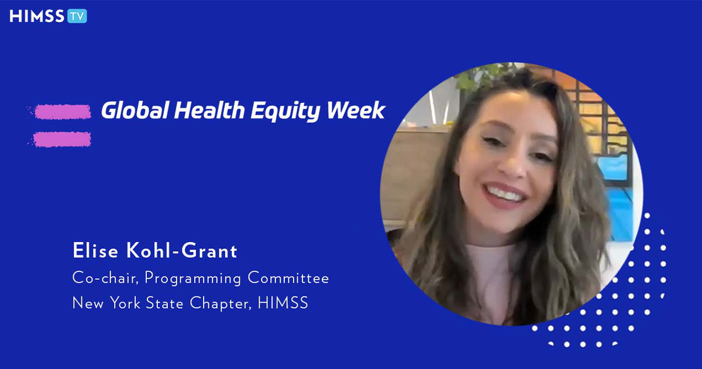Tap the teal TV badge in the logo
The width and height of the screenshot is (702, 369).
[x=77, y=16]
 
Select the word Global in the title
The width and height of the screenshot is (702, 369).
[x=135, y=111]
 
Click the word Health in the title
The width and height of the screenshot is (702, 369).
[x=209, y=111]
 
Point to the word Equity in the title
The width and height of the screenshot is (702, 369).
[x=285, y=112]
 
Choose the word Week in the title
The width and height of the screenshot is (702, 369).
[x=356, y=111]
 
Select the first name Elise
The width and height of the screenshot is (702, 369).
[x=95, y=251]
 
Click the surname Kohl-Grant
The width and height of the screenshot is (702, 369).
[x=181, y=251]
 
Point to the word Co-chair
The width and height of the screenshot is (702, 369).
[x=105, y=278]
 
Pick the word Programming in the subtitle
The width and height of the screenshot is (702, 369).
[x=192, y=279]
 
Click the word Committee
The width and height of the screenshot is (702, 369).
[x=288, y=278]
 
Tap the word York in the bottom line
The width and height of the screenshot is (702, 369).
[x=125, y=303]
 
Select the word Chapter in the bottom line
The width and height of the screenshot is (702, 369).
[x=221, y=304]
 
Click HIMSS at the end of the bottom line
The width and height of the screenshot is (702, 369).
[x=283, y=303]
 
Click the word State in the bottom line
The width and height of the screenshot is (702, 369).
[x=164, y=303]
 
